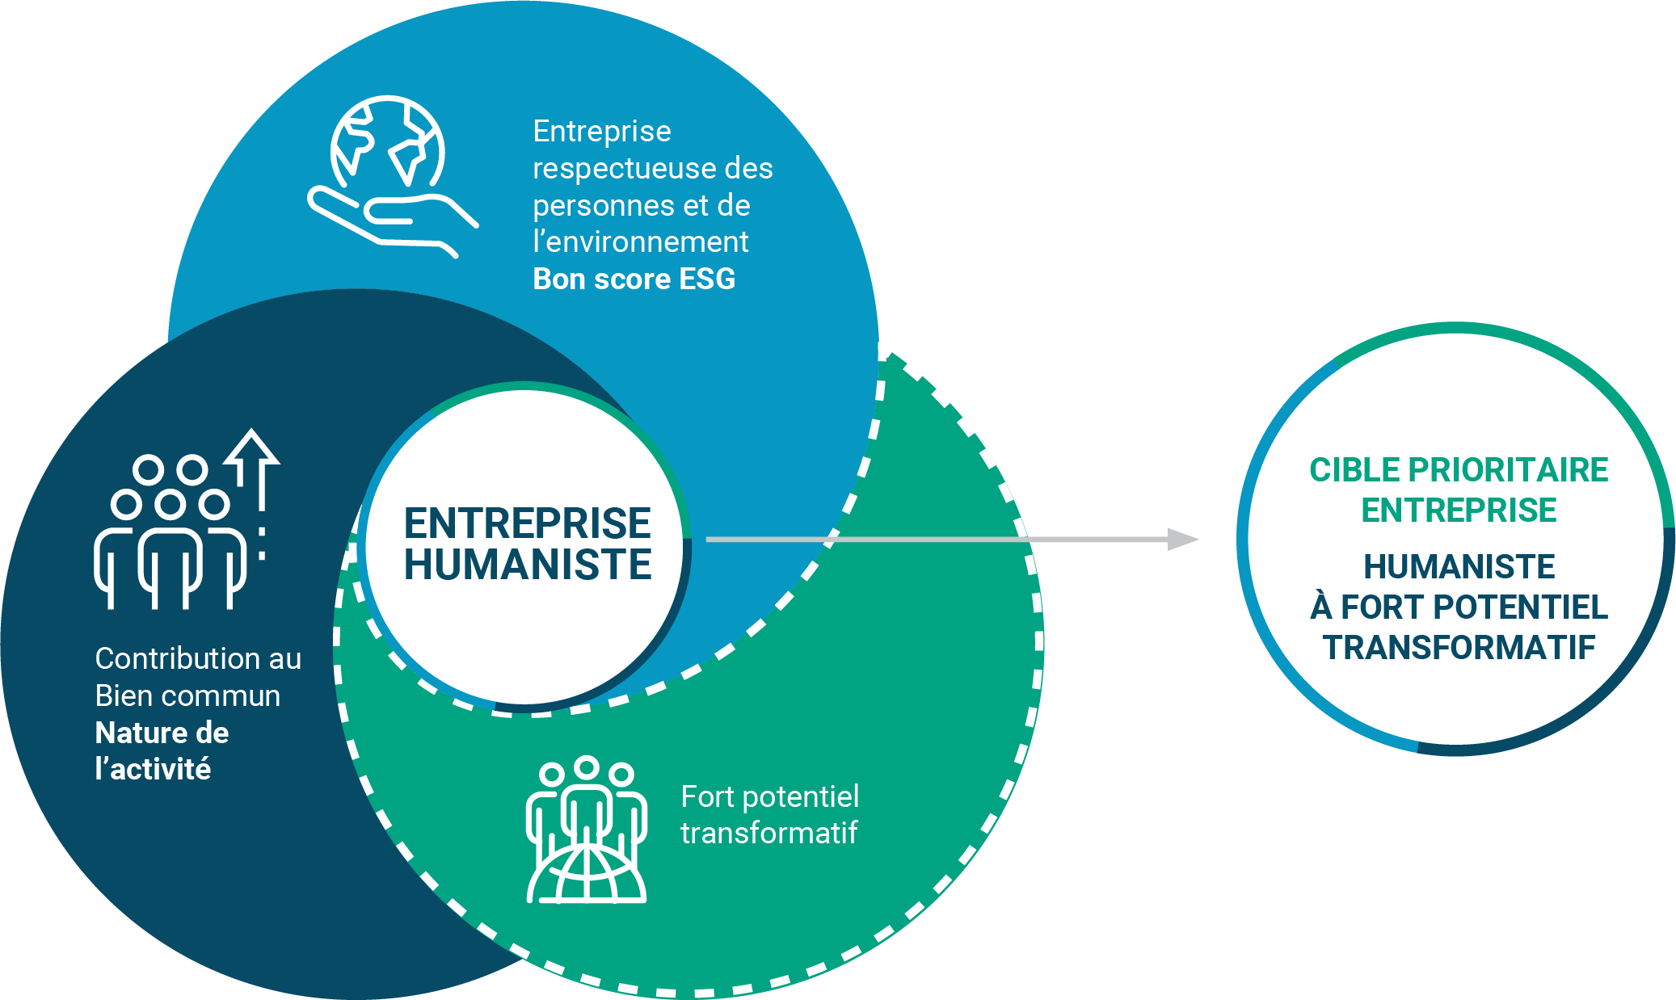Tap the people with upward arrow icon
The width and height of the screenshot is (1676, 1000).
[x=187, y=521]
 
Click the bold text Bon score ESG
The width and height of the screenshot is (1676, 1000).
[x=634, y=279]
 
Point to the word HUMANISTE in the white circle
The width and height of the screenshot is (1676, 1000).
[x=527, y=565]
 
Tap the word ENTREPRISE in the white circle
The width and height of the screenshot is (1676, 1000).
[x=527, y=523]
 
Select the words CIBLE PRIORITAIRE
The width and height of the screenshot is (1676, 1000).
[x=1459, y=470]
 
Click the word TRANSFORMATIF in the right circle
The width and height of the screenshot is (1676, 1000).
[x=1459, y=648]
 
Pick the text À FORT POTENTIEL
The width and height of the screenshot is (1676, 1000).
[x=1459, y=607]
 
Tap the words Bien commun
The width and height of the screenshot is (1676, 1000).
[x=187, y=695]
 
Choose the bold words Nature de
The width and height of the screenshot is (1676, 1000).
[x=162, y=733]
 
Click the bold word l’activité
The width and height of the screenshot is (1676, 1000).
[x=153, y=769]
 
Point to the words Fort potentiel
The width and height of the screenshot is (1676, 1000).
[x=769, y=796]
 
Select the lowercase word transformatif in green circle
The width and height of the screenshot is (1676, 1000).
[x=769, y=833]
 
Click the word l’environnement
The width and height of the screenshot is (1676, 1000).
[x=640, y=242]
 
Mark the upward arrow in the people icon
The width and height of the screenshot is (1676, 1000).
[x=253, y=468]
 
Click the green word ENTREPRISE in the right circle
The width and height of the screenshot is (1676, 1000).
[x=1459, y=511]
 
